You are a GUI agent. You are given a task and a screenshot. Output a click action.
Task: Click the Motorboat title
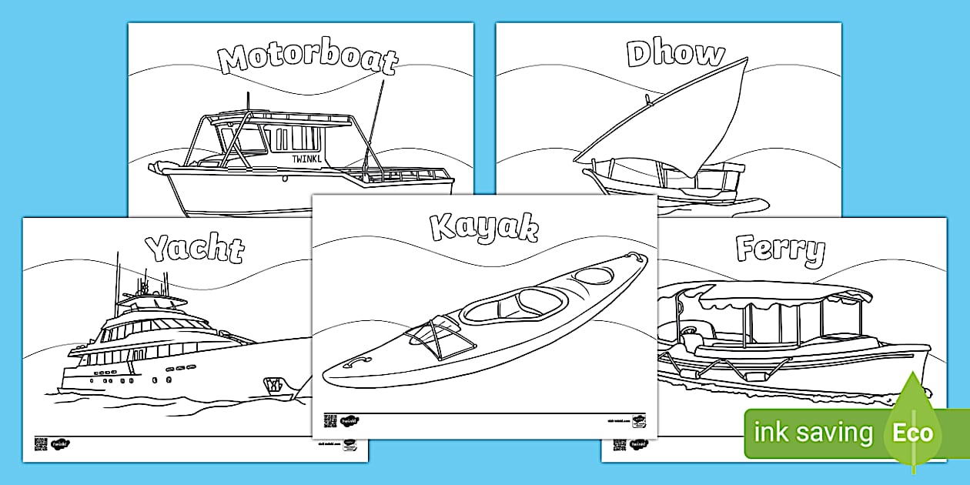click(307, 59)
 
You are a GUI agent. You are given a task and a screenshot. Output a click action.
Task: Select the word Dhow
click(675, 54)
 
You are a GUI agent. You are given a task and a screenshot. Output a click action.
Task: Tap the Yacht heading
click(195, 248)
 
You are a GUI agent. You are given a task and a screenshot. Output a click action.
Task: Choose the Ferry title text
click(780, 249)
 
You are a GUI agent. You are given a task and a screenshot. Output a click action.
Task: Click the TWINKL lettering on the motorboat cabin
click(307, 159)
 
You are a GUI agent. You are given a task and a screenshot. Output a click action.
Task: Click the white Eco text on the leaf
click(912, 433)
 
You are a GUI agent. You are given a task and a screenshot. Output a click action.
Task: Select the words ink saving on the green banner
click(814, 433)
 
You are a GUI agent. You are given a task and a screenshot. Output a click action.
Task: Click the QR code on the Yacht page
click(40, 443)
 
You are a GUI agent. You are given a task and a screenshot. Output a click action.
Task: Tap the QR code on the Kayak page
click(329, 420)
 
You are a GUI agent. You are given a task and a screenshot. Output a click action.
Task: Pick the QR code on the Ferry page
click(619, 444)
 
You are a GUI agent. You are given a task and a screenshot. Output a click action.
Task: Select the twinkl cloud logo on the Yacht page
click(60, 443)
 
